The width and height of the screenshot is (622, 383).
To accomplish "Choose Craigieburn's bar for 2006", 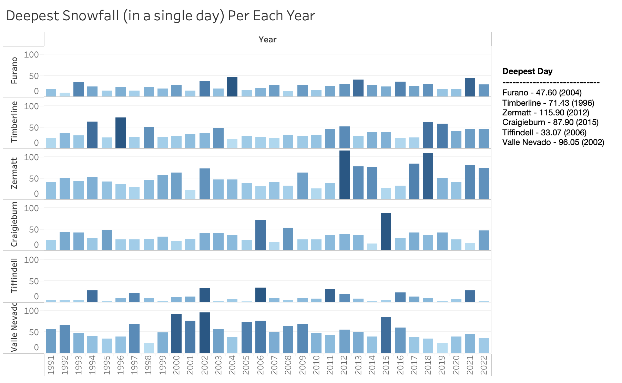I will click(x=261, y=235).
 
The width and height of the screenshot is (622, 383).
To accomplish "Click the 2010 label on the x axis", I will click(x=316, y=365).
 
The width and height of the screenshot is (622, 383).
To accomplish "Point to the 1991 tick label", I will click(x=51, y=365).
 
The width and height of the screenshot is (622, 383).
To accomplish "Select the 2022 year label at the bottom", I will click(x=484, y=365).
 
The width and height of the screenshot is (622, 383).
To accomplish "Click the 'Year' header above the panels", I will click(x=267, y=40).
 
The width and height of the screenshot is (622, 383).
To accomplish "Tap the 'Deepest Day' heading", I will click(x=527, y=71).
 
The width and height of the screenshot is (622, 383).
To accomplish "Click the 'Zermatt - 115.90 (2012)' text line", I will click(x=546, y=113).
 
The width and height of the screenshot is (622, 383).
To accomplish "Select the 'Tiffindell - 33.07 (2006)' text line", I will click(x=544, y=133).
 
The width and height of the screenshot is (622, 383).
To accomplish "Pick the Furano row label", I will click(x=14, y=71).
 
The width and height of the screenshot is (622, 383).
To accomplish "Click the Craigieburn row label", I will click(x=14, y=225).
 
